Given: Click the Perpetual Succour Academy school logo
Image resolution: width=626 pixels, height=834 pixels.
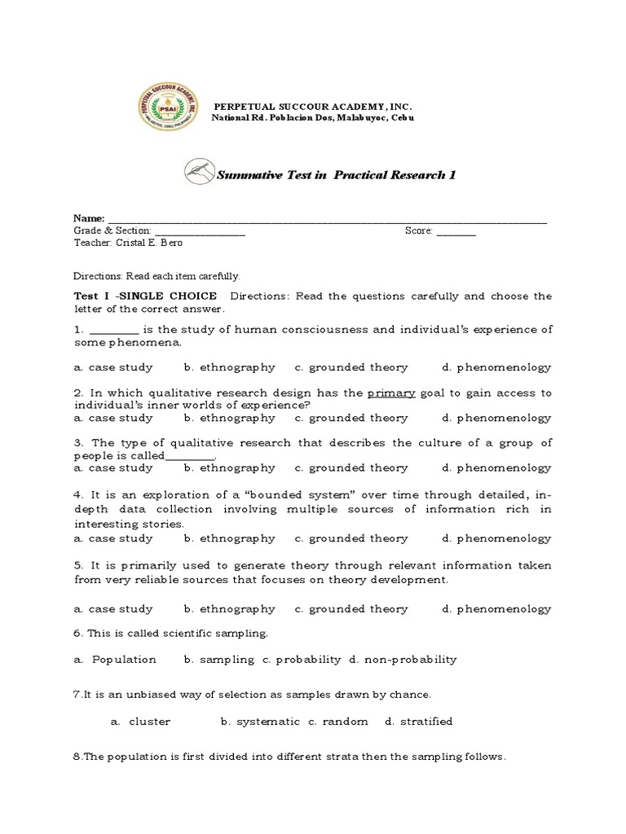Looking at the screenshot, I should (168, 113).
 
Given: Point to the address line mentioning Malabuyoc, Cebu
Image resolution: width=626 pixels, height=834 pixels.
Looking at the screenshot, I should (312, 119).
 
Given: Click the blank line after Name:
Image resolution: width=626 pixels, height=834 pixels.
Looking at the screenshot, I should (326, 220).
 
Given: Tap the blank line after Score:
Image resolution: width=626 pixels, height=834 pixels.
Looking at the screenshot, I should (456, 231).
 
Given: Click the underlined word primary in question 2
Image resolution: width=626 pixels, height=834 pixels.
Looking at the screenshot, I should (391, 393).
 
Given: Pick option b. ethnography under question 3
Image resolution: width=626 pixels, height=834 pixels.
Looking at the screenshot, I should (229, 468).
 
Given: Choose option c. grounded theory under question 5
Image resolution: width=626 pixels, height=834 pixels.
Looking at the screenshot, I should (351, 608).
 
